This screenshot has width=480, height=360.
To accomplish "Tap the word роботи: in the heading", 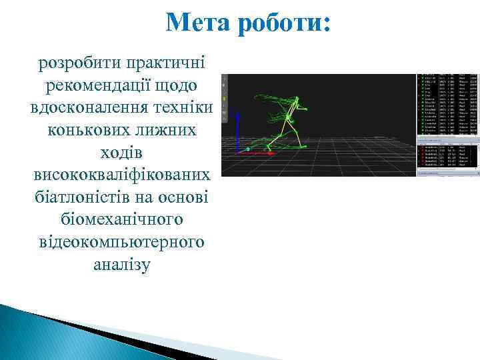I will tap(287, 23).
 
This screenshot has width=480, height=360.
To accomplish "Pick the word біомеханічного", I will tap(122, 219).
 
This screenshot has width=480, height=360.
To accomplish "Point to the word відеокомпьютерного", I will tap(122, 242).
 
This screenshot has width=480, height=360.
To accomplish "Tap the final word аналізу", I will tap(122, 265).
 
